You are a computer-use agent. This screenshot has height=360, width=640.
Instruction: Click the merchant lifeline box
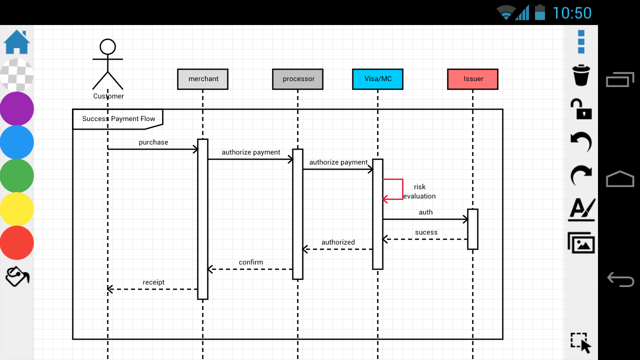point(202,79)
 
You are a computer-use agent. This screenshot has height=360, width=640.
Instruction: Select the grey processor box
point(297,79)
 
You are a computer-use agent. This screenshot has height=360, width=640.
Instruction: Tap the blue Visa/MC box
point(377,79)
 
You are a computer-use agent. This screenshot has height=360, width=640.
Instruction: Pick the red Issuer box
point(472,79)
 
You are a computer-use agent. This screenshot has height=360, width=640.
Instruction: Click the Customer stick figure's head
point(107,47)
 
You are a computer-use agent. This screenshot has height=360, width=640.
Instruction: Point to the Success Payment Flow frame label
point(118,119)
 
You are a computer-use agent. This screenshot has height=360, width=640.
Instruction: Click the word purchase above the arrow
point(153,142)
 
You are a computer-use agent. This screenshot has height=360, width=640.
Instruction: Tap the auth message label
point(425,212)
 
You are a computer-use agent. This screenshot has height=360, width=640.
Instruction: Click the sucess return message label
point(426,232)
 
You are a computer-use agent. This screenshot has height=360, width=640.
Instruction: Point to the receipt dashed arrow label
point(153,282)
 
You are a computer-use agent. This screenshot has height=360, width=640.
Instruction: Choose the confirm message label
point(250,262)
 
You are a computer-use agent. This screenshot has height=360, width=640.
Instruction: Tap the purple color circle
point(17,108)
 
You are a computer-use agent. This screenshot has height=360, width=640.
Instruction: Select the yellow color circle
point(17,209)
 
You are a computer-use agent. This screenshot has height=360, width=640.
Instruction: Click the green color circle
point(17,175)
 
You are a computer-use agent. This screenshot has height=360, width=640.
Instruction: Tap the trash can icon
point(581,75)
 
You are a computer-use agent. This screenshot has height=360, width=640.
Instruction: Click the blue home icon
point(17,42)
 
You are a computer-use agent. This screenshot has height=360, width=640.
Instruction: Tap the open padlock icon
point(581,109)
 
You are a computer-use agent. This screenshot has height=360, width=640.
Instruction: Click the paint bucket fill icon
point(17,276)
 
